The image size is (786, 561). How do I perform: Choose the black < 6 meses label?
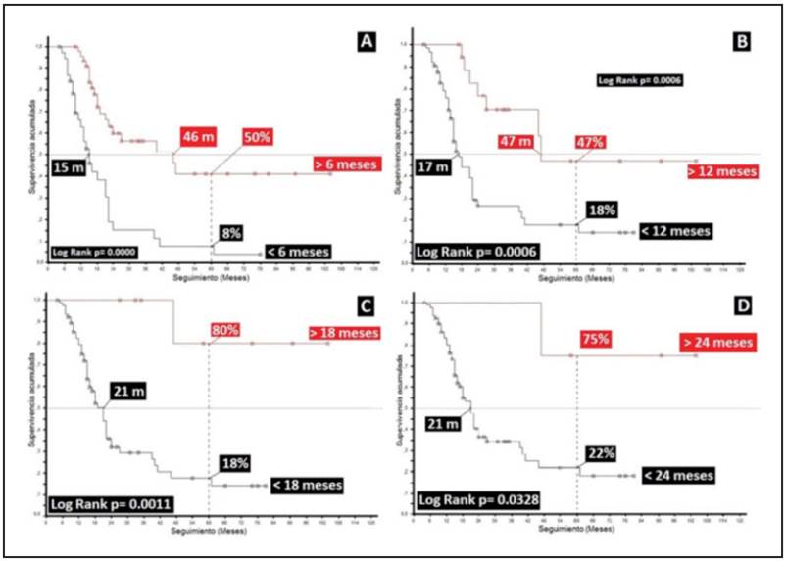(x=294, y=250)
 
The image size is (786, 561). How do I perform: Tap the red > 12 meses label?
(x=722, y=170)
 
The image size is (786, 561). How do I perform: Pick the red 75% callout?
(x=594, y=339)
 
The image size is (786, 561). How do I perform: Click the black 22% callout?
(x=600, y=452)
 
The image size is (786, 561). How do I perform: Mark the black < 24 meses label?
(x=677, y=475)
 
